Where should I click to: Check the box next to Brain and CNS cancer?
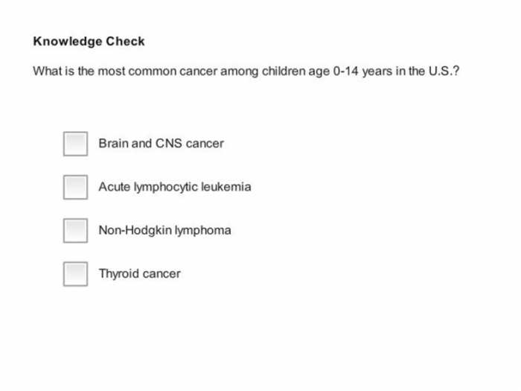[75, 144]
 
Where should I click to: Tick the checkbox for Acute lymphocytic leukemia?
[75, 187]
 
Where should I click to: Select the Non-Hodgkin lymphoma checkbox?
[75, 230]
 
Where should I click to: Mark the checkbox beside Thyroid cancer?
[75, 274]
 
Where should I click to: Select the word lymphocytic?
[166, 187]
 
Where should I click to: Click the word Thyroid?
[119, 274]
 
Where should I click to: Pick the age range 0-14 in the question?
[345, 71]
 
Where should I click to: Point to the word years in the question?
[377, 71]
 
